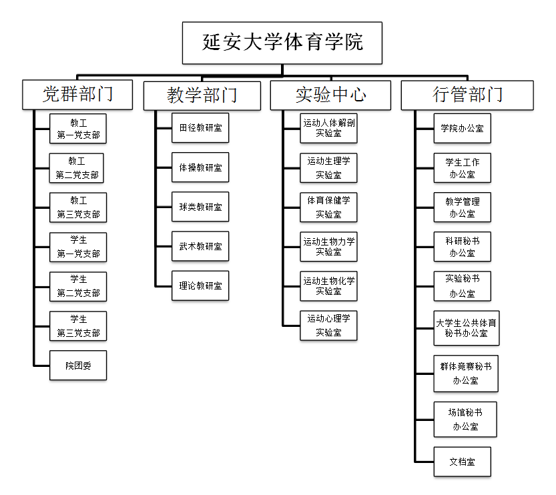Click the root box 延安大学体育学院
(282, 43)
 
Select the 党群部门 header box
(77, 95)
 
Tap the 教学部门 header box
(202, 95)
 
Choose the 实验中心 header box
(330, 95)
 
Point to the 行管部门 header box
(467, 95)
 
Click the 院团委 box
(78, 366)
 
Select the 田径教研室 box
(200, 128)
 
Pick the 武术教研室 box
(200, 246)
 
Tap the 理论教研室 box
(200, 286)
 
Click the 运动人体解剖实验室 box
(328, 128)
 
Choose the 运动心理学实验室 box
(328, 326)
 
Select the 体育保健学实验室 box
(328, 207)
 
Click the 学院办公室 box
(463, 128)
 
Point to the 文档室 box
(463, 462)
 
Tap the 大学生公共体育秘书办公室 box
(467, 328)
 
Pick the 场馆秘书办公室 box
(465, 420)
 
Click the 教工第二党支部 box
(77, 168)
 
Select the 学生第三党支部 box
(78, 326)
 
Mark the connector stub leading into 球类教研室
(164, 207)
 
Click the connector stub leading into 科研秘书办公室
(425, 247)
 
